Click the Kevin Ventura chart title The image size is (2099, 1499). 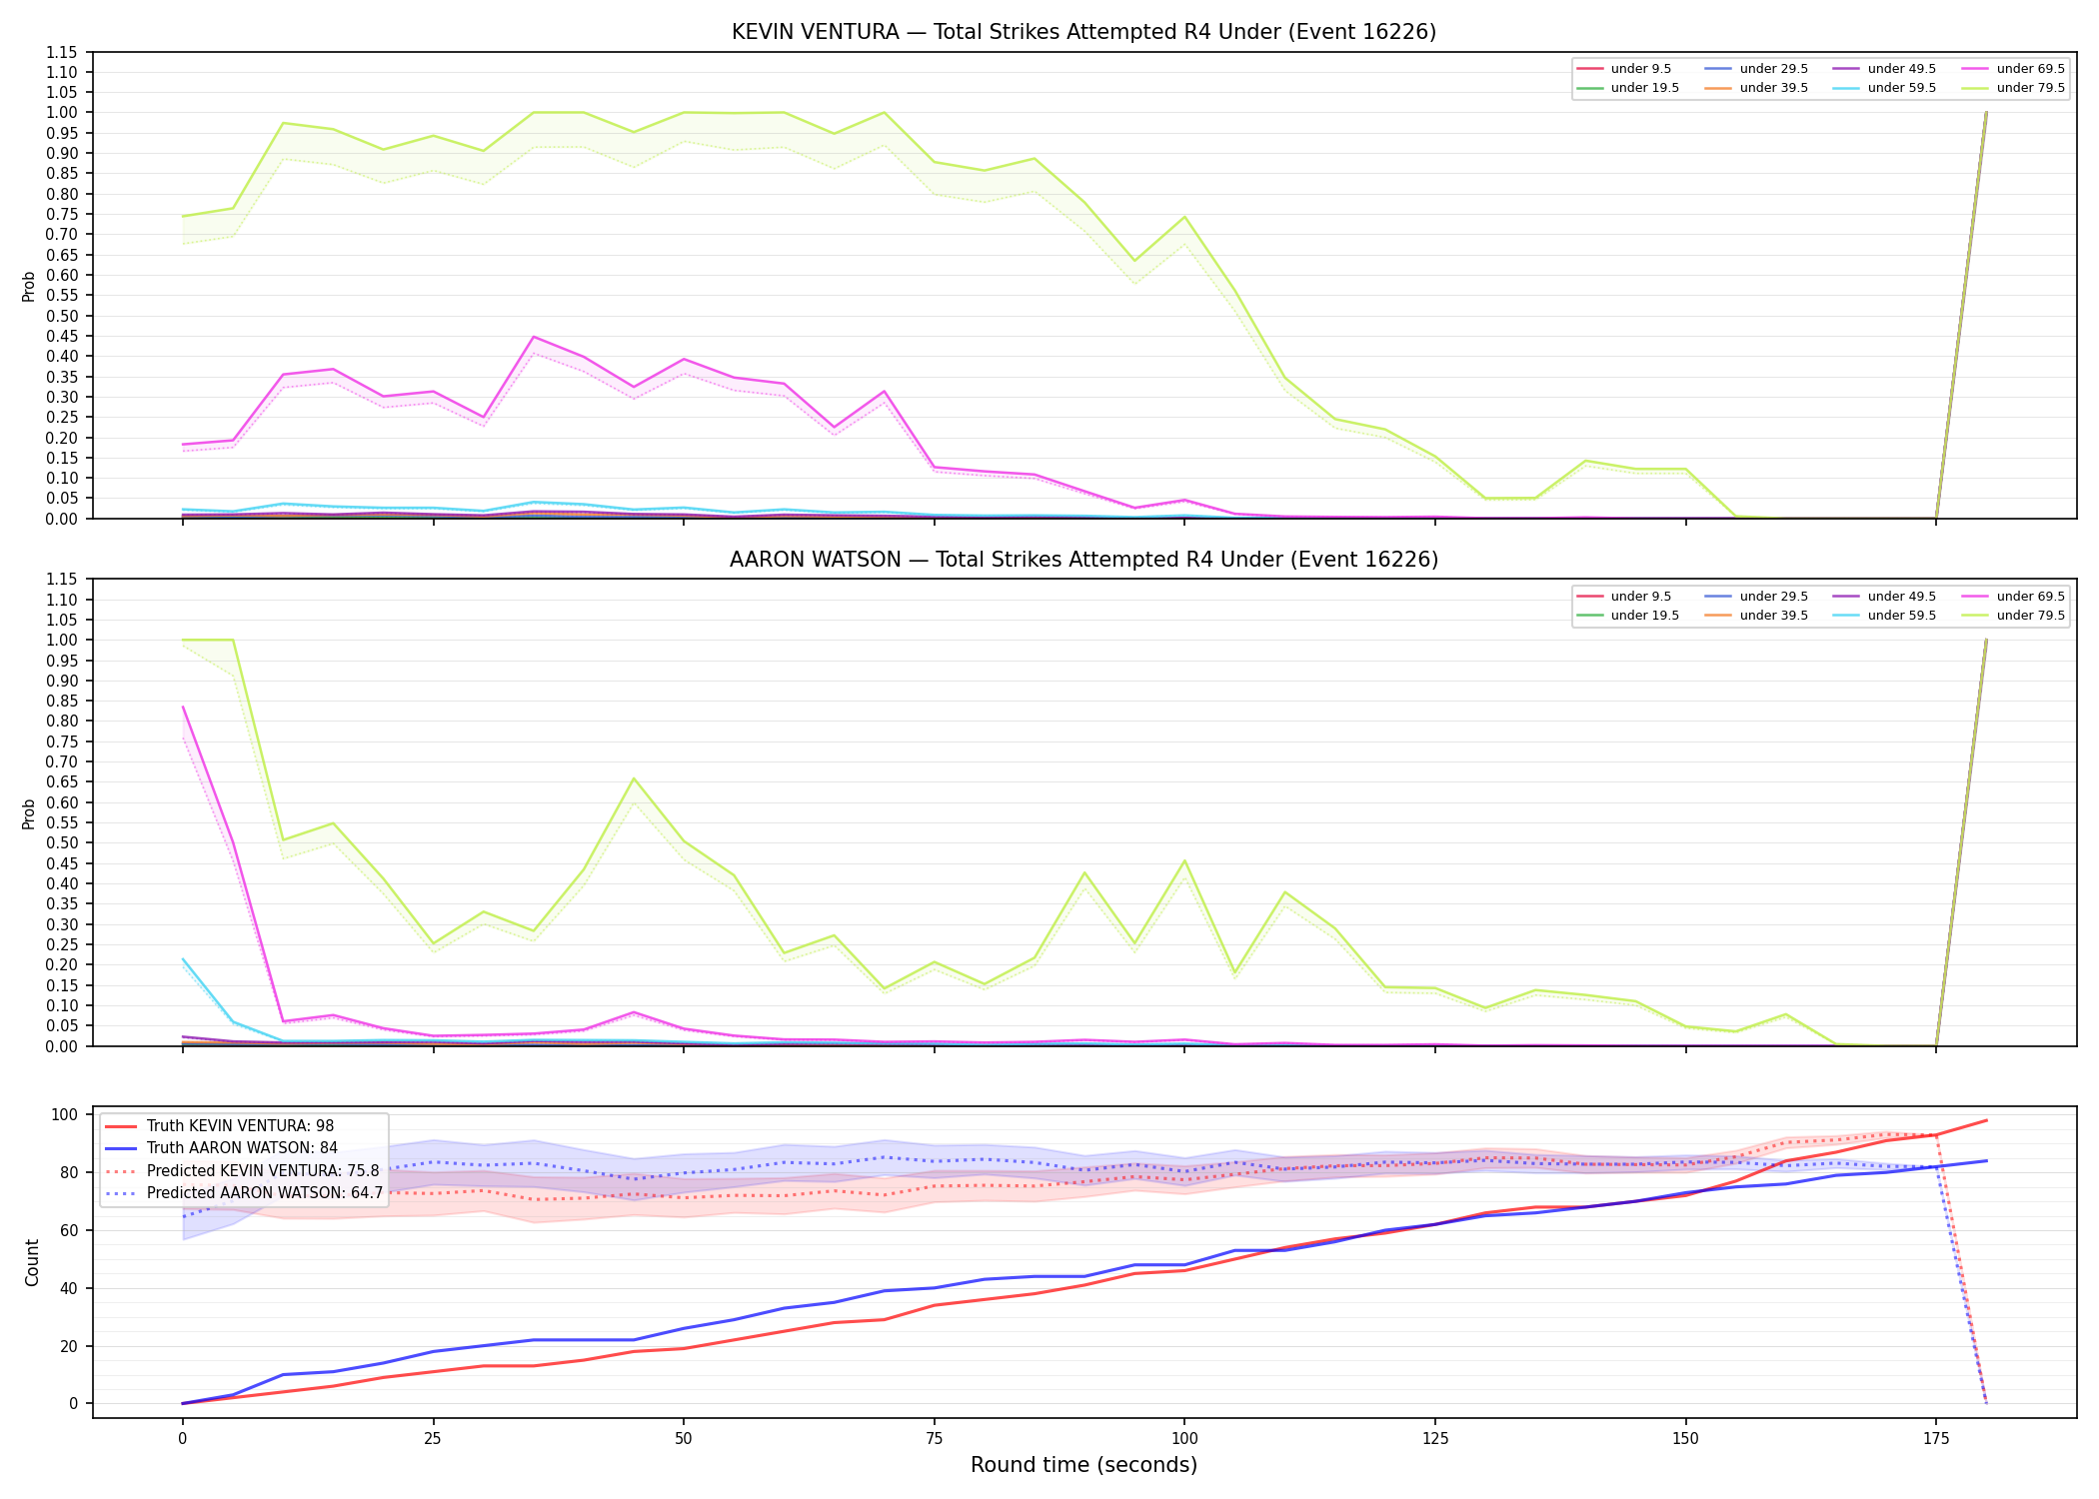pos(1083,32)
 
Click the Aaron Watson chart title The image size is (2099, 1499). pos(1083,560)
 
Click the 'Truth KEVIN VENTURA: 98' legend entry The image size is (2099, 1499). pos(221,1126)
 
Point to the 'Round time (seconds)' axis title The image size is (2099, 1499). pos(1083,1465)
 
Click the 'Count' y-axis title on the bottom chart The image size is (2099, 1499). pos(33,1262)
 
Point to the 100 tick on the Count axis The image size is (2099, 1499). pos(69,1114)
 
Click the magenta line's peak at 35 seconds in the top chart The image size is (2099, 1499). pos(534,337)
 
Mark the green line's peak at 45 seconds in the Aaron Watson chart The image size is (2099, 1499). pos(634,778)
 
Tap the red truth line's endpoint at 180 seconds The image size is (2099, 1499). pos(1986,1120)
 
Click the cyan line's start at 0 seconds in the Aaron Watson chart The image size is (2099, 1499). pos(183,959)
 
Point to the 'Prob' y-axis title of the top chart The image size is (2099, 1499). pos(29,286)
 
